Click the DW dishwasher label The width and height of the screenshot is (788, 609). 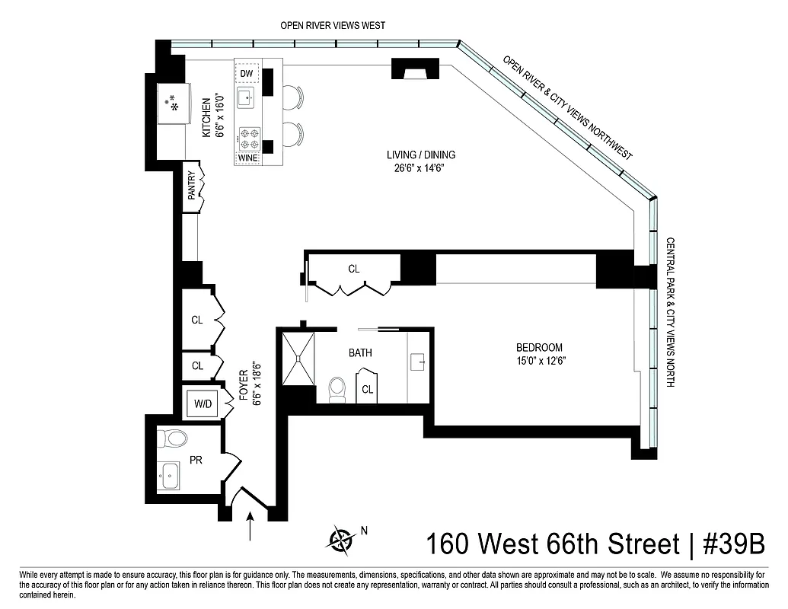[x=246, y=73]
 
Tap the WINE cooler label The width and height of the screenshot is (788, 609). [x=247, y=158]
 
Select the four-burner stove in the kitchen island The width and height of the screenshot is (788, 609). [x=248, y=137]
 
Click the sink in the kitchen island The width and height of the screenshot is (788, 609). [x=245, y=98]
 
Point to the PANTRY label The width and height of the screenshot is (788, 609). [x=192, y=187]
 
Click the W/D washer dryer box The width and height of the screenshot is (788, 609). [x=203, y=404]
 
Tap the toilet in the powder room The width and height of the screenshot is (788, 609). [x=173, y=438]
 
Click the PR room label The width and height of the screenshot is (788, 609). [x=196, y=461]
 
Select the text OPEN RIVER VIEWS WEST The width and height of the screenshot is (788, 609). [x=333, y=25]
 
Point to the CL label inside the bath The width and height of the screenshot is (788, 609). [x=368, y=389]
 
